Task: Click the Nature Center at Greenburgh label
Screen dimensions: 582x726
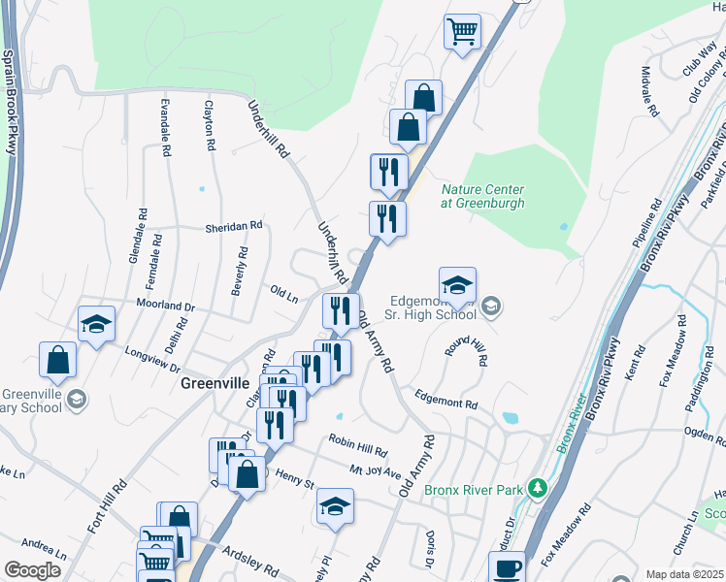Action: pyautogui.click(x=483, y=197)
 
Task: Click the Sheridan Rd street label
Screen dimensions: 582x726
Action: pyautogui.click(x=234, y=226)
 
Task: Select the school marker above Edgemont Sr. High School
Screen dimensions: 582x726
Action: pyautogui.click(x=457, y=284)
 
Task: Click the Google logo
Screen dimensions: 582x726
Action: pyautogui.click(x=32, y=570)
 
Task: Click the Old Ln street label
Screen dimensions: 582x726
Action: pyautogui.click(x=284, y=294)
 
